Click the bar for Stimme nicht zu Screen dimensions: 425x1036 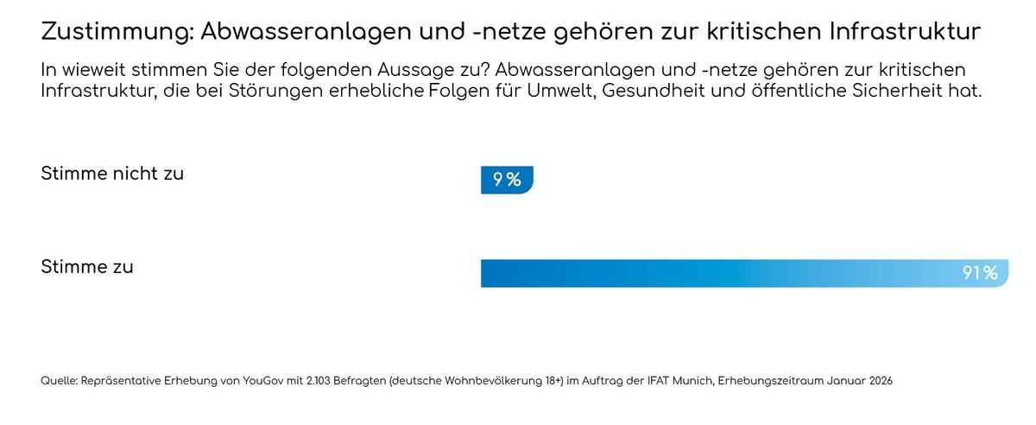click(507, 180)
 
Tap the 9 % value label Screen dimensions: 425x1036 click(507, 180)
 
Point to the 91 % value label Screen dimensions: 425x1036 click(980, 273)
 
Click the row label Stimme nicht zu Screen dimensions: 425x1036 click(112, 174)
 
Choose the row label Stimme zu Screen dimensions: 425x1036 click(87, 267)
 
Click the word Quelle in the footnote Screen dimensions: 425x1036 click(58, 381)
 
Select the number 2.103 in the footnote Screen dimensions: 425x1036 click(318, 381)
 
